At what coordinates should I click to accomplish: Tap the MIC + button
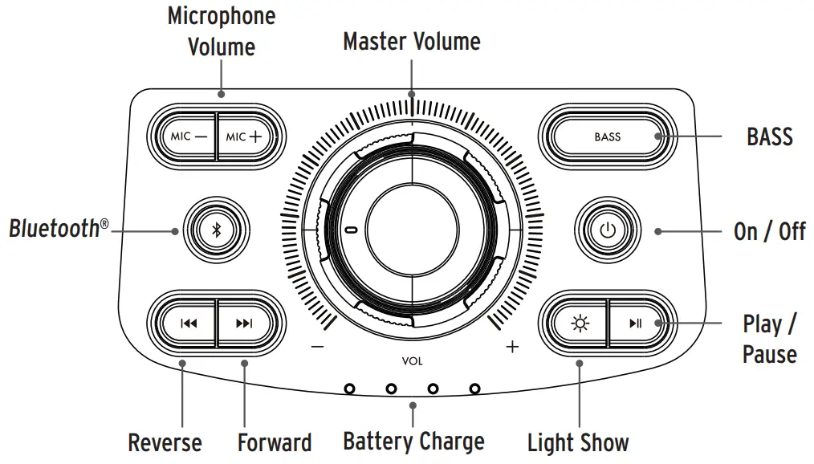tap(245, 136)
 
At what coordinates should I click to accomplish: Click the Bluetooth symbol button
tap(215, 230)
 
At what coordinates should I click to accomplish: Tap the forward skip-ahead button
tap(245, 324)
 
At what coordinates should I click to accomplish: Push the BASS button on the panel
tap(608, 136)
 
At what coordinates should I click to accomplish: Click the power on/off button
tap(608, 230)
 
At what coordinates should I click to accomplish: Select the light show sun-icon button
tap(578, 324)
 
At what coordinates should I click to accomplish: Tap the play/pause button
tap(636, 324)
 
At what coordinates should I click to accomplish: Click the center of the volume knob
tap(412, 230)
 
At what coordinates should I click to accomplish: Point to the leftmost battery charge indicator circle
tap(349, 389)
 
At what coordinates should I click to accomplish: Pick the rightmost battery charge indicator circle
tap(474, 389)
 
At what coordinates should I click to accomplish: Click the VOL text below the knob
tap(412, 361)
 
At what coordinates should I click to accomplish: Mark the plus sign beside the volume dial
tap(512, 347)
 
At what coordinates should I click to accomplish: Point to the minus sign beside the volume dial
tap(317, 347)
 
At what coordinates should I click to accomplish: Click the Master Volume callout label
tap(412, 42)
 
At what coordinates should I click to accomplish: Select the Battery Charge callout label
tap(413, 441)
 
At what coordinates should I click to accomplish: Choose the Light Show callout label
tap(578, 442)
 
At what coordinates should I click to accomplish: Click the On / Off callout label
tap(769, 232)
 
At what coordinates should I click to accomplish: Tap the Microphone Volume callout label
tap(221, 31)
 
